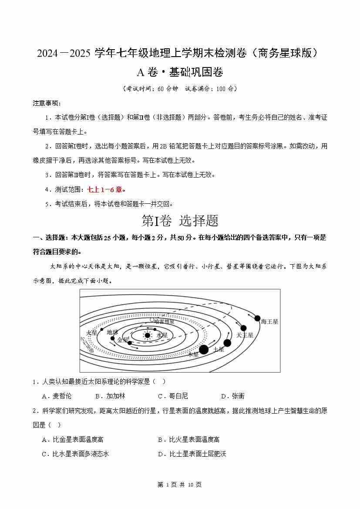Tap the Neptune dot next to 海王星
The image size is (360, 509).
coord(257,318)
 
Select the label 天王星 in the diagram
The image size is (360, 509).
coord(245,335)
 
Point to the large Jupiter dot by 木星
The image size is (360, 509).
coord(204,349)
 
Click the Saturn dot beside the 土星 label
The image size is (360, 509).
coord(227,343)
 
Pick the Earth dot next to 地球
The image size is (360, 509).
coord(112,338)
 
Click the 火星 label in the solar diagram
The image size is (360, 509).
coord(92,333)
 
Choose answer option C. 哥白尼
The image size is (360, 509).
coord(173,396)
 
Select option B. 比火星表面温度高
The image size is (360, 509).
coord(188,439)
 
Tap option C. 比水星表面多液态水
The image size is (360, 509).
coord(75,454)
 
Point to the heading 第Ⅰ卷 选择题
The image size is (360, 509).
coord(180,221)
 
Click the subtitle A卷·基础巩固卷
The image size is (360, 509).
coord(180,72)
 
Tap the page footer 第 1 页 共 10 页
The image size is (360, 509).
coord(179,485)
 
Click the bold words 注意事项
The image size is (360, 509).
coord(47,103)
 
